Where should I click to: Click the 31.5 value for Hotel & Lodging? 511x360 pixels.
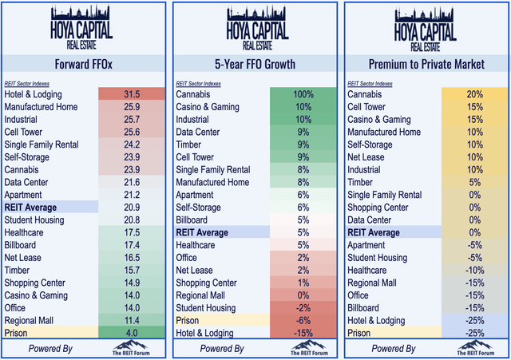[133, 94]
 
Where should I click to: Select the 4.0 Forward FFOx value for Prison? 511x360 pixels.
[133, 331]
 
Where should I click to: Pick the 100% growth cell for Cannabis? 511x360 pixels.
[303, 94]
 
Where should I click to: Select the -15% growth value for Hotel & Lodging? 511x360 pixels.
[303, 331]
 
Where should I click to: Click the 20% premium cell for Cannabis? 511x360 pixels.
[473, 94]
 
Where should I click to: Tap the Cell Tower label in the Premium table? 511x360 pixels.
[369, 107]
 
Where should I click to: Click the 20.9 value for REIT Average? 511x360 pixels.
[133, 207]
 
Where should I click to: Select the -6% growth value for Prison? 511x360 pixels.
[303, 319]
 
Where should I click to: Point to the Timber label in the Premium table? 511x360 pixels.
[359, 182]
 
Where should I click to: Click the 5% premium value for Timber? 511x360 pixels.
[473, 182]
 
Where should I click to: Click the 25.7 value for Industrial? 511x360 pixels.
[133, 119]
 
